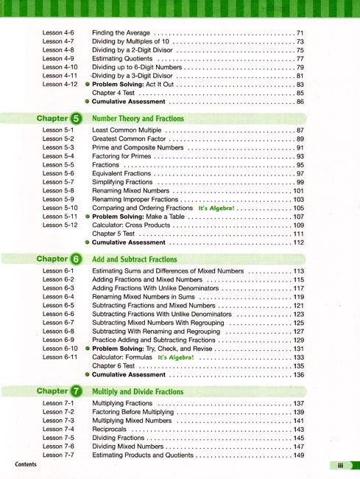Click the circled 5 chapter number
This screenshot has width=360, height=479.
click(x=77, y=119)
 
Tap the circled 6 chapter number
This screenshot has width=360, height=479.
click(x=77, y=259)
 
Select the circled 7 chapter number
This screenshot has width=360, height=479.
click(x=77, y=391)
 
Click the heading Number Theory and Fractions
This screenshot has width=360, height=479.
click(x=138, y=119)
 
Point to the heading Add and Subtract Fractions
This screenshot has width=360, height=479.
click(x=135, y=259)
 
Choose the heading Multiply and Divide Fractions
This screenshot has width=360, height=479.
click(x=138, y=392)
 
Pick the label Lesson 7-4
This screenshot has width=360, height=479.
click(x=58, y=430)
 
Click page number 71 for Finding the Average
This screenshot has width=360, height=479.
click(x=300, y=33)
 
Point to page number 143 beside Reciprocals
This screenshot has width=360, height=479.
click(x=298, y=430)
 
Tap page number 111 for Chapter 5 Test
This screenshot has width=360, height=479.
click(x=298, y=234)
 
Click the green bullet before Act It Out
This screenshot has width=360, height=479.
click(x=87, y=85)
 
